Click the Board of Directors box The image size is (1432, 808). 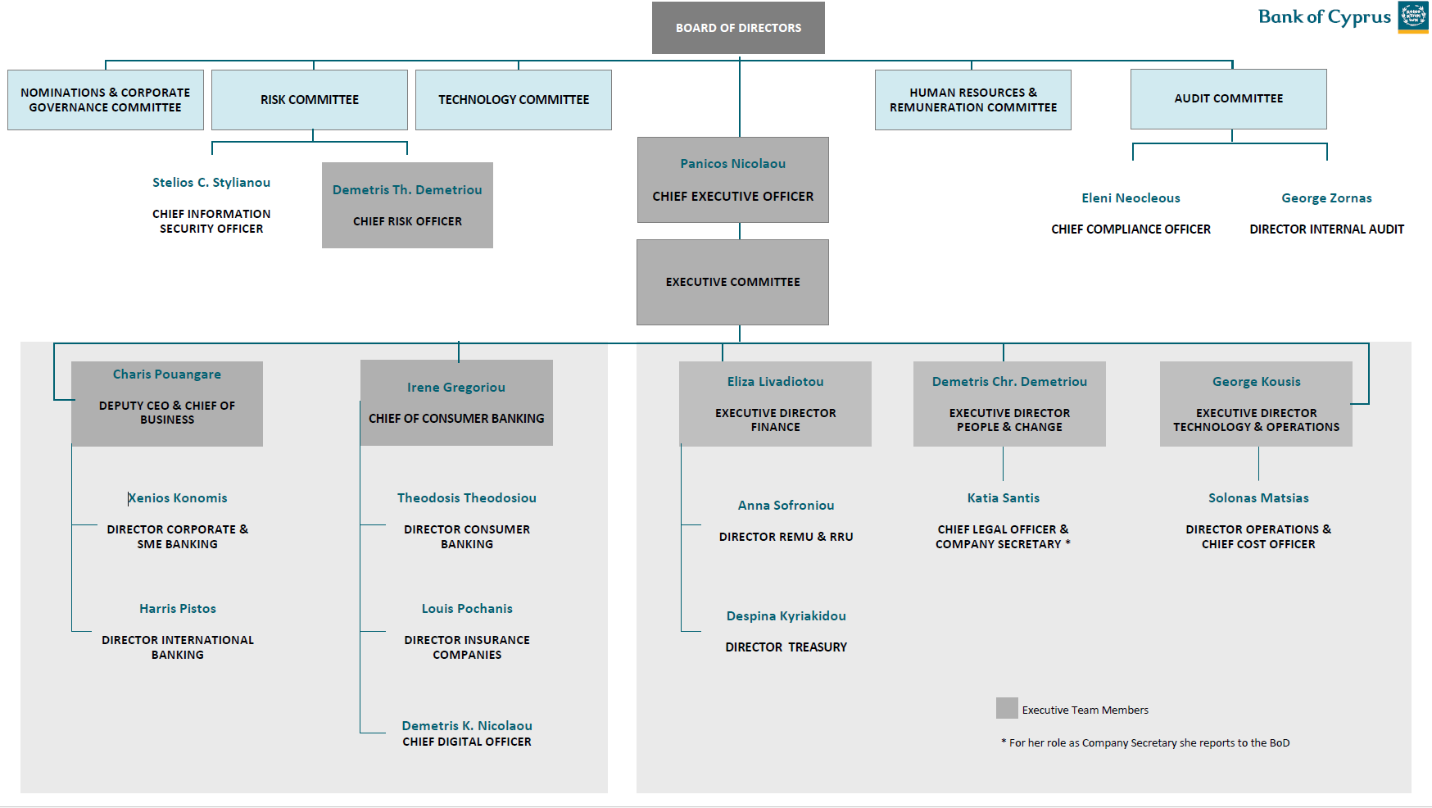point(738,28)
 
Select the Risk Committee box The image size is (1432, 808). point(310,100)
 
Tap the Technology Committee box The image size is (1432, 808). point(514,100)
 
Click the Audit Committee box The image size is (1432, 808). point(1228,99)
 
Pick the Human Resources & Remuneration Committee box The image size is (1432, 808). point(972,100)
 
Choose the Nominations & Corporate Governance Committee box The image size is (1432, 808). point(106,100)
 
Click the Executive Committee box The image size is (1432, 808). point(732,282)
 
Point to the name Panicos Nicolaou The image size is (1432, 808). point(732,164)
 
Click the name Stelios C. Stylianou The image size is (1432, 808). point(211,183)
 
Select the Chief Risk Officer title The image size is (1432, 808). point(407,221)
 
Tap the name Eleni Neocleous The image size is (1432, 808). point(1131,198)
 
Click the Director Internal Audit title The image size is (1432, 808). point(1326,229)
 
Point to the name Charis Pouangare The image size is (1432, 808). point(167,374)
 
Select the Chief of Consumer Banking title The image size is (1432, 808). point(456,419)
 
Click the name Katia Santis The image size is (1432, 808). point(1003,498)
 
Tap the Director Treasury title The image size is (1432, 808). point(786,647)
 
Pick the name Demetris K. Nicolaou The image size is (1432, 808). point(467,726)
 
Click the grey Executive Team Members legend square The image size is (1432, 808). point(1007,708)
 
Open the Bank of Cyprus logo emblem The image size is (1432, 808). point(1413,16)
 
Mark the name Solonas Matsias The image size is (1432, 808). point(1258,498)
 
